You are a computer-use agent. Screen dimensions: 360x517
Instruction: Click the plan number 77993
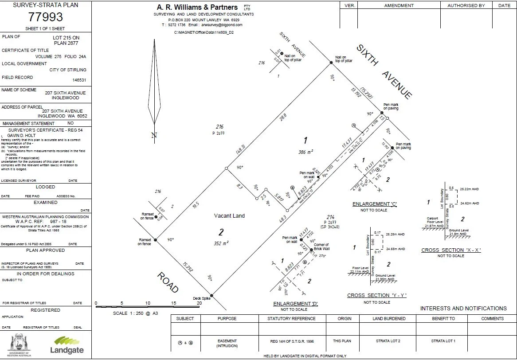click(x=46, y=17)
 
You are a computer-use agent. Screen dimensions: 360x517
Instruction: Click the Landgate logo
click(x=68, y=345)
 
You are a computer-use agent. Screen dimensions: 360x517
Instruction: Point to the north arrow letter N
click(x=154, y=136)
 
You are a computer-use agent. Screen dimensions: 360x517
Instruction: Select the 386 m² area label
click(x=305, y=152)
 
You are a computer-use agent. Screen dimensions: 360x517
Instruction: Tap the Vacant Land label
click(x=229, y=216)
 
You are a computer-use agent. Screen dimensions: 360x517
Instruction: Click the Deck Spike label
click(x=201, y=298)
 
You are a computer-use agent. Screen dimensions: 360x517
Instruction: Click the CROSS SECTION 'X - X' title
click(x=451, y=250)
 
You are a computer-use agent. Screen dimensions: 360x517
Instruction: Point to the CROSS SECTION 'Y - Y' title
click(x=376, y=295)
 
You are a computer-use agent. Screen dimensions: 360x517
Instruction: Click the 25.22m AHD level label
click(x=470, y=189)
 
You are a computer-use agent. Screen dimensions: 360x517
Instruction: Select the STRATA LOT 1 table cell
click(x=443, y=341)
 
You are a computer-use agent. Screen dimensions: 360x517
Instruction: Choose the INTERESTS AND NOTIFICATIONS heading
click(x=463, y=308)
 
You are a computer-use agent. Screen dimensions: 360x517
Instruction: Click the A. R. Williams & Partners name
click(x=198, y=7)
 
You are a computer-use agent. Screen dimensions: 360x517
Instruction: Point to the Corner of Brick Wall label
click(x=321, y=247)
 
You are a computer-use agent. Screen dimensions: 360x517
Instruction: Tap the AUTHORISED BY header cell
click(x=466, y=6)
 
